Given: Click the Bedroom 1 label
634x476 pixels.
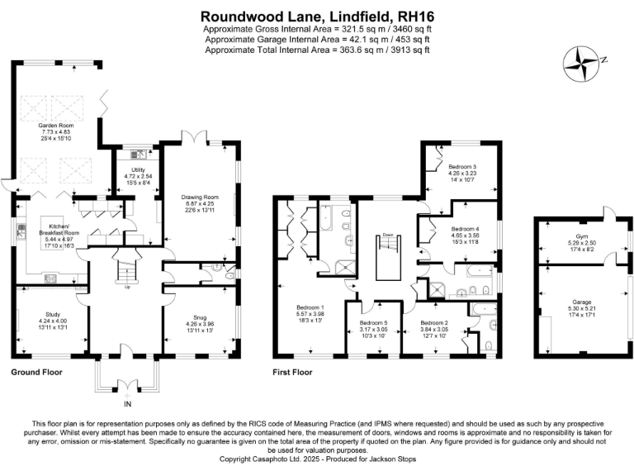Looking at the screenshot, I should tap(310, 307).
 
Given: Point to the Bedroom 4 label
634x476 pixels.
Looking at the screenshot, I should tap(465, 228).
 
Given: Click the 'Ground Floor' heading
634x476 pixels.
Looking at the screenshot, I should tap(36, 373).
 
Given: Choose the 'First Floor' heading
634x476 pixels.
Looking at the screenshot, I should tap(293, 373).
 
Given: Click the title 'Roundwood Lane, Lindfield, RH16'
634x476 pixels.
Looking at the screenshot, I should tap(317, 16).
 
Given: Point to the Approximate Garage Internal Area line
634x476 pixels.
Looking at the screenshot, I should tap(317, 39).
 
